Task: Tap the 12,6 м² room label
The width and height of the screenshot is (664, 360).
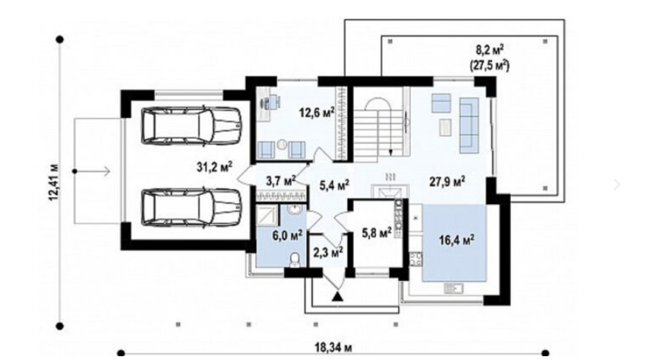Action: point(317,112)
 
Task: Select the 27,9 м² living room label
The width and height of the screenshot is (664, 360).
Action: point(448,182)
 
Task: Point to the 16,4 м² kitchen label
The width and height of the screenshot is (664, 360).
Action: point(457,240)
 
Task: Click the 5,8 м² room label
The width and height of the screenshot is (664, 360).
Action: point(377,232)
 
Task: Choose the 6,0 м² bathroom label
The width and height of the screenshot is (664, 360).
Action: point(287,234)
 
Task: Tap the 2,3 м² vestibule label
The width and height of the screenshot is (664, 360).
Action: point(327,253)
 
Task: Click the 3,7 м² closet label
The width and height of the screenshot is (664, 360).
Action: point(280,181)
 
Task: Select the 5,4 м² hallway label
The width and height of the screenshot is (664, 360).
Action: point(334,185)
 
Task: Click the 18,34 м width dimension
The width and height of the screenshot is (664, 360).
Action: point(333,348)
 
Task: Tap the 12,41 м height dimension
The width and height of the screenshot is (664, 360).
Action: point(55,183)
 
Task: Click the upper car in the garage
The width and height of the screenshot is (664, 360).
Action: point(191,125)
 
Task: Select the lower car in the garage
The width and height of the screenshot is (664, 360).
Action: point(191,207)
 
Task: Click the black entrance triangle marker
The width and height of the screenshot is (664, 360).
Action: point(337,296)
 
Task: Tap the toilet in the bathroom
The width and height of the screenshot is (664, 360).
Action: point(295,260)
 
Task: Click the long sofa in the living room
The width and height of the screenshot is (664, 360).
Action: point(469,126)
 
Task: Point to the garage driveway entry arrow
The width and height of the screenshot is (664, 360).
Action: point(91,171)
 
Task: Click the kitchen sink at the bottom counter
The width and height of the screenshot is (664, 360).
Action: point(453,288)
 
